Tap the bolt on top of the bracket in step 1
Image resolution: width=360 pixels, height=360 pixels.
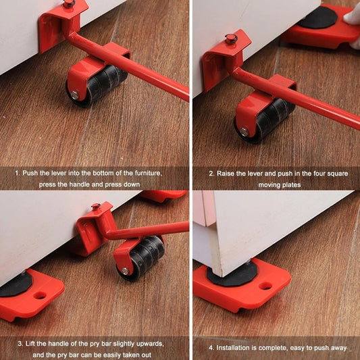click(69, 4)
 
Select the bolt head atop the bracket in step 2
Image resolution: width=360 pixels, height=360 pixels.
click(231, 38)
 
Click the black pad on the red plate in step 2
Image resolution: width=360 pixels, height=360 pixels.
click(317, 17)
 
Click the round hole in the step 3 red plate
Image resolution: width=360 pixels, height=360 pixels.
click(41, 295)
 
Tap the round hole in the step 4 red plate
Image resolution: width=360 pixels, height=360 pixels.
click(265, 286)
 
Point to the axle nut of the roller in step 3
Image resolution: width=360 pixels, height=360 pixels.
click(124, 271)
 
